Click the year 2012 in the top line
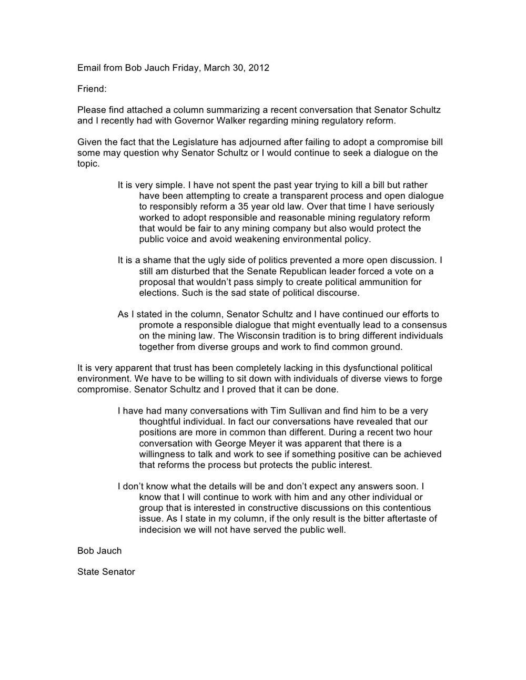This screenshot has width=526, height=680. click(x=258, y=68)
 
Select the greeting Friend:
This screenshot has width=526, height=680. click(x=92, y=89)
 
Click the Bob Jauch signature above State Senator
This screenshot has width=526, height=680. click(x=99, y=550)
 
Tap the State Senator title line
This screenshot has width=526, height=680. click(x=106, y=572)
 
